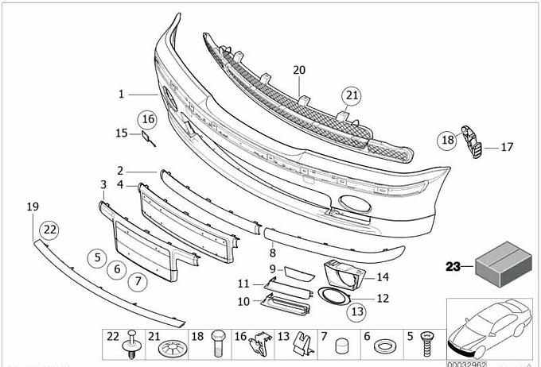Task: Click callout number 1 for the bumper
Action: [x=122, y=94]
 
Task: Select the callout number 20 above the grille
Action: [x=298, y=71]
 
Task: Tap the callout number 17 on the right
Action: [x=508, y=146]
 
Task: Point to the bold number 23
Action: [x=453, y=267]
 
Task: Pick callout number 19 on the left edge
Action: [x=33, y=207]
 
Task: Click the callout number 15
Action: [x=122, y=133]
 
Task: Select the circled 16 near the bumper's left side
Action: [x=146, y=120]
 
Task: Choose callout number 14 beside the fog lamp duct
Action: [x=383, y=277]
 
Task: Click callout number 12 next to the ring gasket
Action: [x=383, y=299]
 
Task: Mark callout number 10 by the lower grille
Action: [x=243, y=301]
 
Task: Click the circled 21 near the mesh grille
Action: [x=351, y=97]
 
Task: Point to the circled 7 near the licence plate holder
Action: [x=137, y=280]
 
